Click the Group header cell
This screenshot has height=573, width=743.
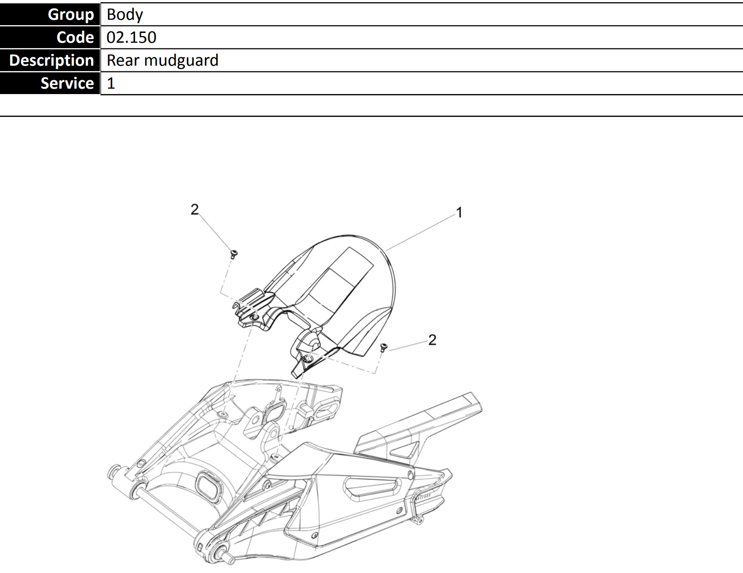pyautogui.click(x=50, y=14)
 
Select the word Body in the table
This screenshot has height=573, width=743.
pyautogui.click(x=124, y=15)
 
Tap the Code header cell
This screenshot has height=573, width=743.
pyautogui.click(x=50, y=37)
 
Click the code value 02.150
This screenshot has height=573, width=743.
pyautogui.click(x=131, y=37)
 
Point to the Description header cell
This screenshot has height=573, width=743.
pyautogui.click(x=50, y=60)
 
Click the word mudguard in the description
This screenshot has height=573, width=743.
pyautogui.click(x=181, y=61)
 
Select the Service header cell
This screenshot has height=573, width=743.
pyautogui.click(x=50, y=83)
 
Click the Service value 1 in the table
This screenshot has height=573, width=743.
pyautogui.click(x=111, y=83)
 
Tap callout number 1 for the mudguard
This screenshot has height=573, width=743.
pyautogui.click(x=459, y=212)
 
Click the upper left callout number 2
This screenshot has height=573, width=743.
pyautogui.click(x=195, y=209)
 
